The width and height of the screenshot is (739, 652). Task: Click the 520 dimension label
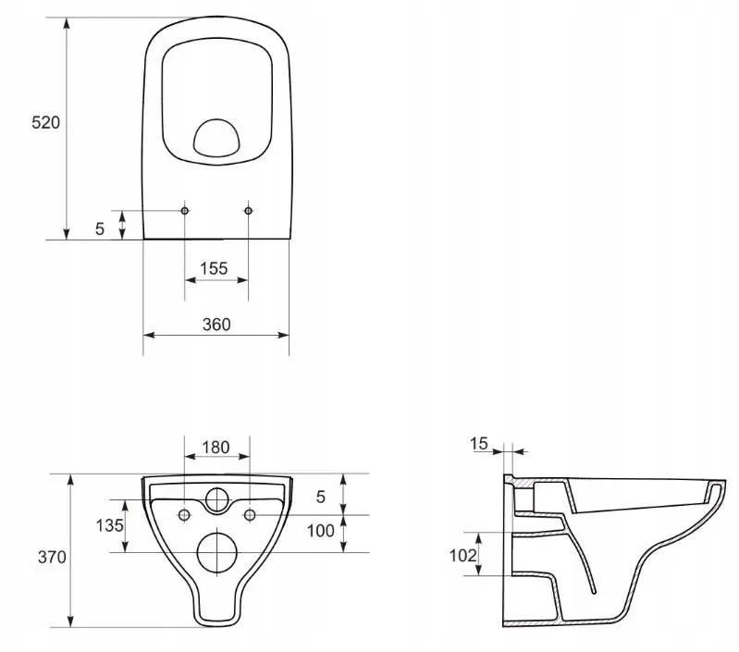(x=45, y=122)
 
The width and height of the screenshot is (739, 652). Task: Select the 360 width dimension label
(x=216, y=325)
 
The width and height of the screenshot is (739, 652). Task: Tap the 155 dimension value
(x=214, y=268)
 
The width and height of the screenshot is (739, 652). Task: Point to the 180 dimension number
(x=216, y=447)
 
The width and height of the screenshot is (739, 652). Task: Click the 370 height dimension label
(x=52, y=558)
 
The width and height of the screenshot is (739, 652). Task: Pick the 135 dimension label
(x=109, y=525)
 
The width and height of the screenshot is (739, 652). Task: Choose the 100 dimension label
(x=321, y=531)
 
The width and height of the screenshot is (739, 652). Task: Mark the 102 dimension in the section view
(x=462, y=556)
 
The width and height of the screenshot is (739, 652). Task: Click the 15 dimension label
(x=478, y=443)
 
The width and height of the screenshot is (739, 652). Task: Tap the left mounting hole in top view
(x=185, y=211)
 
